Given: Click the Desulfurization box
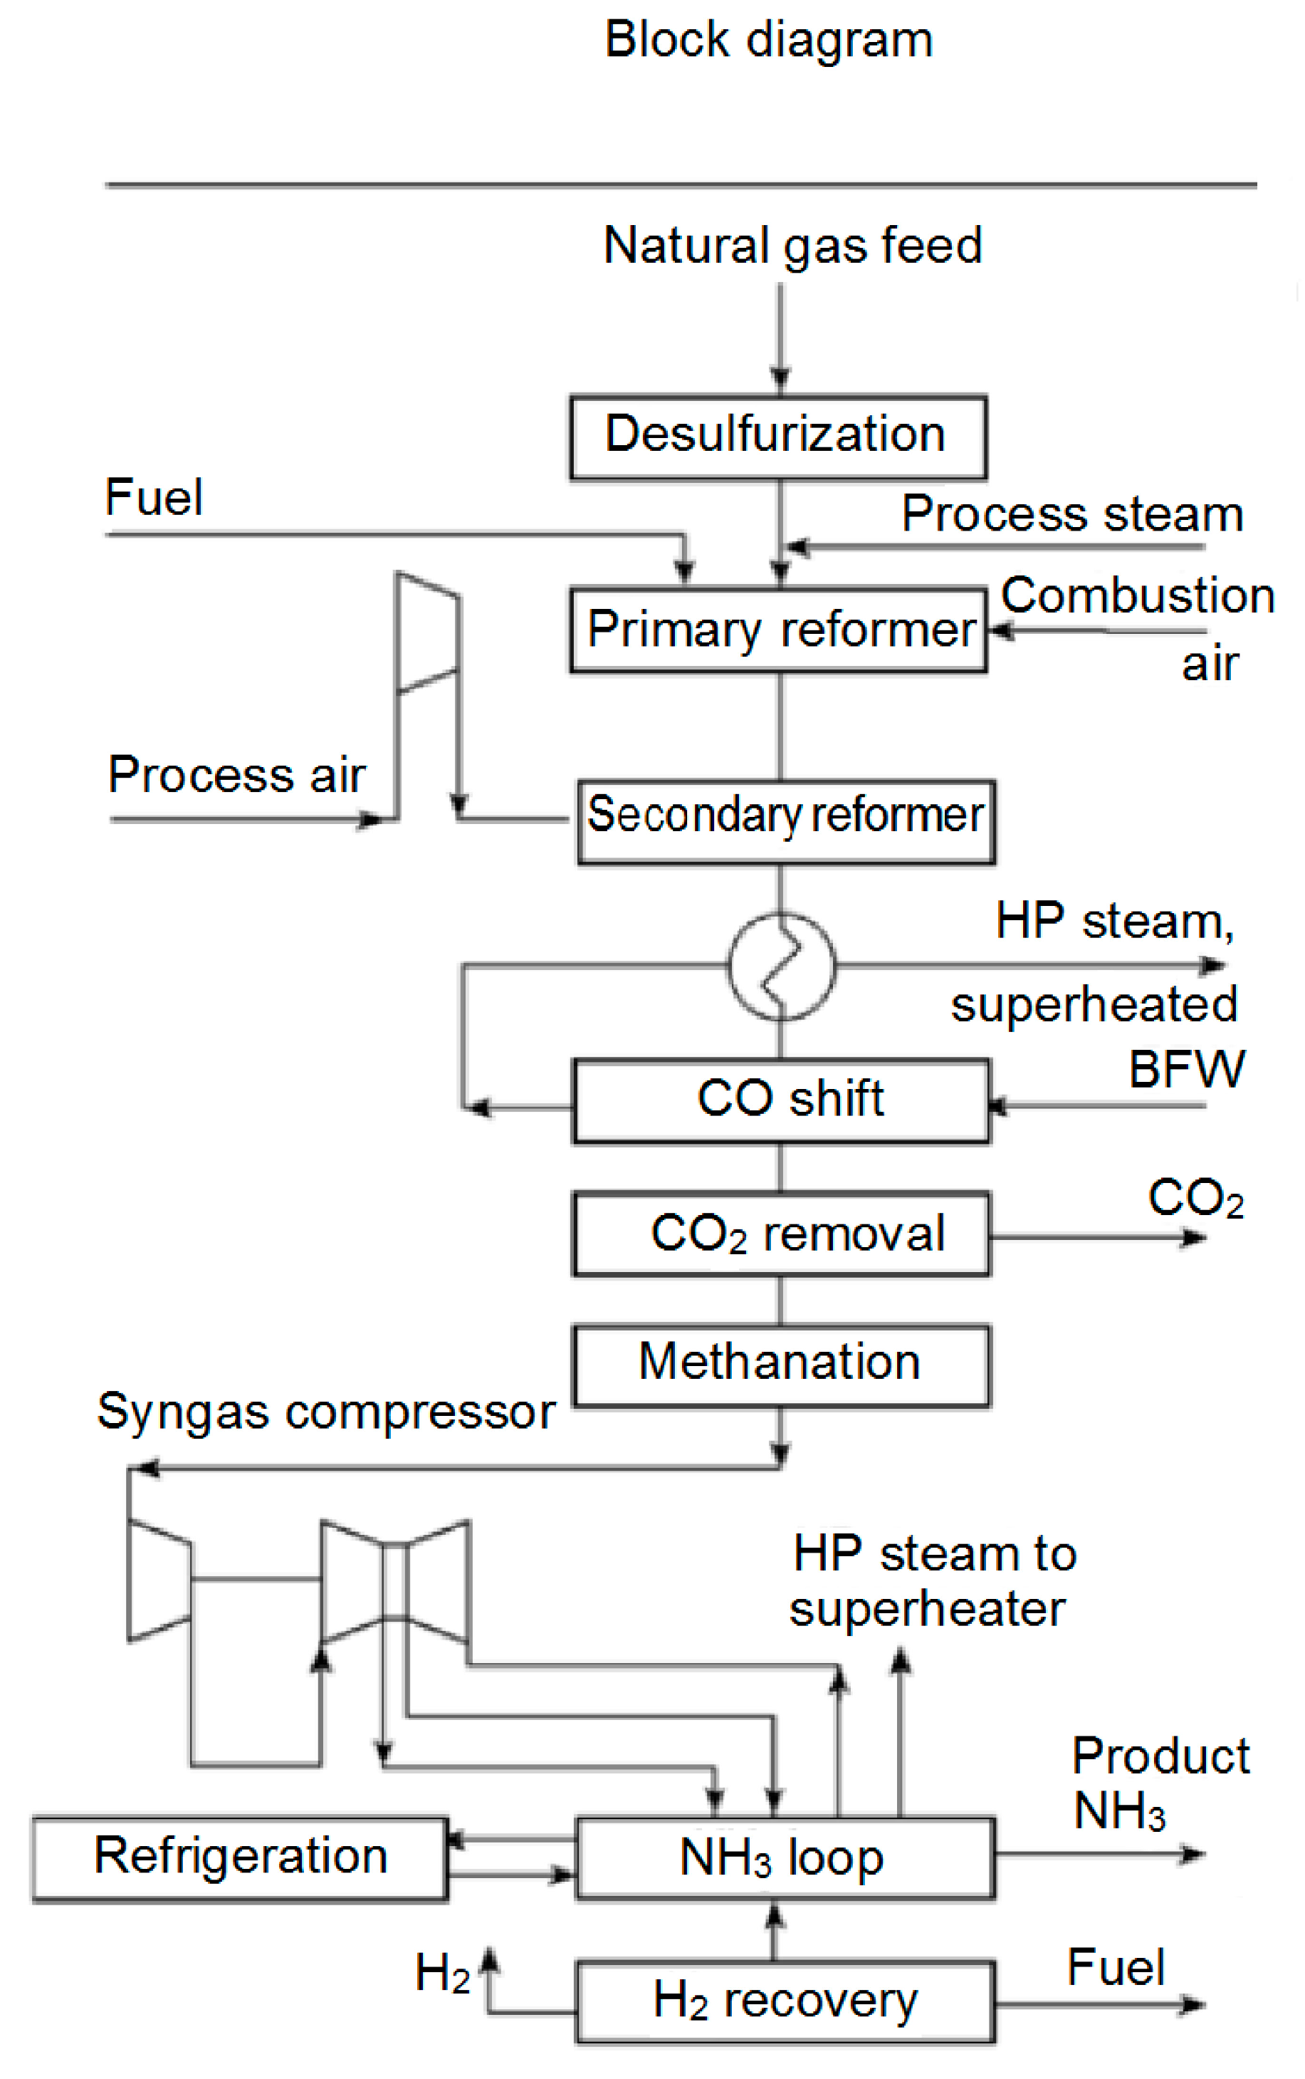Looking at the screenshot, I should click(x=777, y=437).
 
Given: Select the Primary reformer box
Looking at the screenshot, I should click(x=777, y=630).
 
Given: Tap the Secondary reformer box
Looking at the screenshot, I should click(x=785, y=821).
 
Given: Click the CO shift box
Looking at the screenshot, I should click(x=781, y=1101).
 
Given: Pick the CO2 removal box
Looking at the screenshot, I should click(x=781, y=1234).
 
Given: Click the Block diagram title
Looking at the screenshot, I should click(x=768, y=40).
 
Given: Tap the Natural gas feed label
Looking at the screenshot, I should click(x=792, y=245).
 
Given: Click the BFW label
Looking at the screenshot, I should click(x=1187, y=1070).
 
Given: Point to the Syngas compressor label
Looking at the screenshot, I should click(x=325, y=1412).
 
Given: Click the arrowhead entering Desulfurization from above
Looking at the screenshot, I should click(x=780, y=380).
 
